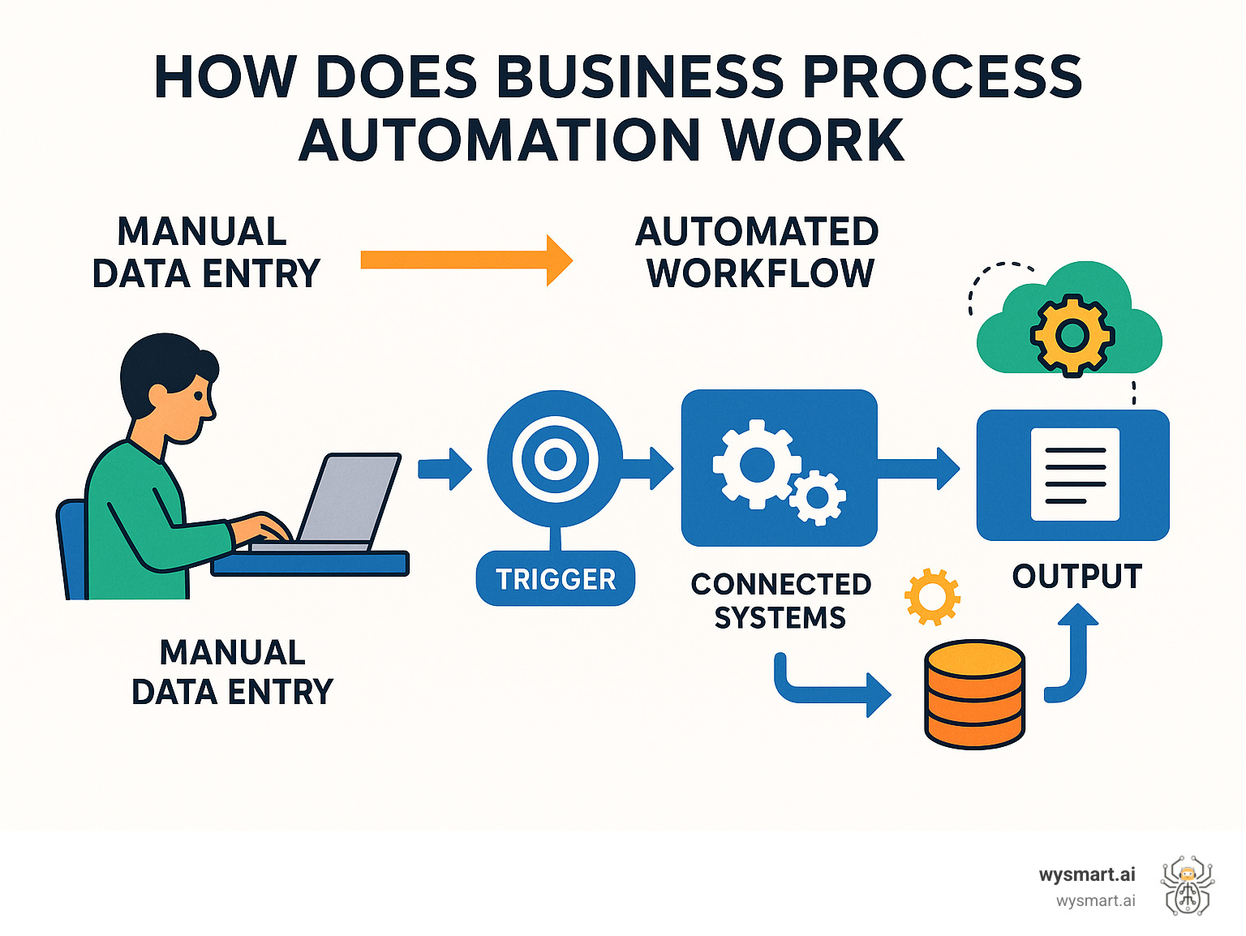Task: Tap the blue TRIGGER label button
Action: click(556, 579)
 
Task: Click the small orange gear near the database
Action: click(932, 597)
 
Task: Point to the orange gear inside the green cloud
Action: click(1072, 334)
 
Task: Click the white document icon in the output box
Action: click(1075, 474)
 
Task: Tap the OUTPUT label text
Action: click(1076, 577)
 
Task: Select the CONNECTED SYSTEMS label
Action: click(780, 601)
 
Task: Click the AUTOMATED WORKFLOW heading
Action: click(757, 253)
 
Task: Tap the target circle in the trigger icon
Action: click(555, 459)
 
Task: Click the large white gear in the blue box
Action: click(756, 464)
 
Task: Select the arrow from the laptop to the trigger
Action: click(445, 469)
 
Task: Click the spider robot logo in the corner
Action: click(1187, 886)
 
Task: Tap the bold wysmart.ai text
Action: click(1087, 874)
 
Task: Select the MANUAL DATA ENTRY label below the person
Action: click(232, 672)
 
